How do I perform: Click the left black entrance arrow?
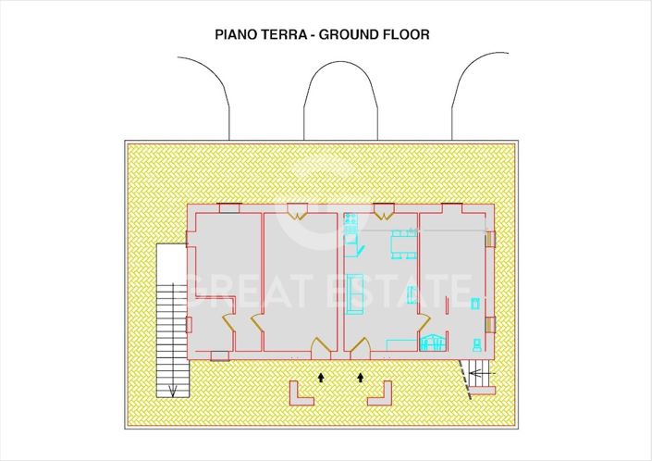[321, 377]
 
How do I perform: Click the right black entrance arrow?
[361, 377]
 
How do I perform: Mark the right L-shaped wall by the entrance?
[381, 395]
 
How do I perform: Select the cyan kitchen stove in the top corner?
[350, 222]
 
